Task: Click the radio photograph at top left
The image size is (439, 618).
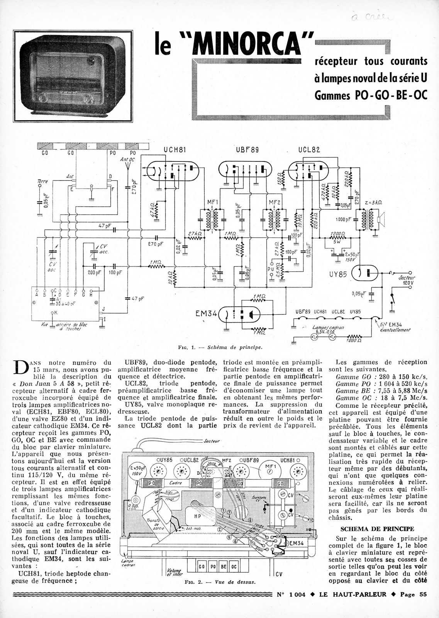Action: pos(73,76)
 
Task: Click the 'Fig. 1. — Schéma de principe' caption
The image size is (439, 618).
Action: pos(220,347)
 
